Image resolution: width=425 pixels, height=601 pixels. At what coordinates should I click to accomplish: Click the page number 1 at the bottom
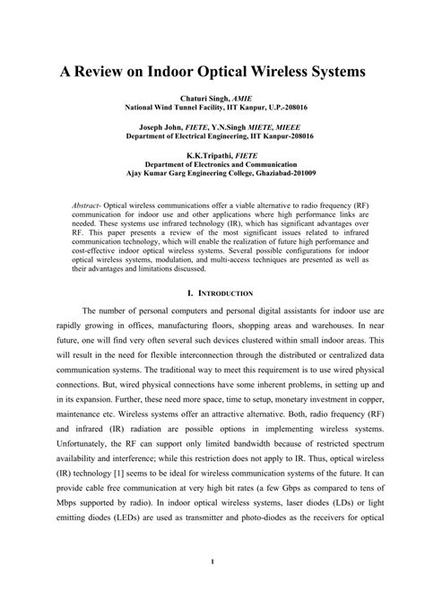(x=212, y=588)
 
